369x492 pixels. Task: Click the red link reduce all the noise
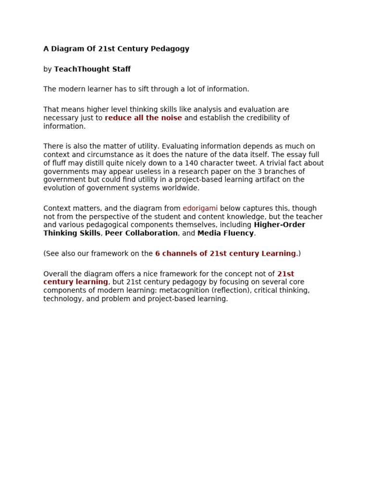pos(143,118)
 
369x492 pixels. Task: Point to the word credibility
pos(259,118)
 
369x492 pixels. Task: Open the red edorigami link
pos(200,208)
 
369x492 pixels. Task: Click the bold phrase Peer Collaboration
pos(141,233)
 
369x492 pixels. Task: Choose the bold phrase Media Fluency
pos(225,233)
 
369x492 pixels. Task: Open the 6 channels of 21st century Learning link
pos(225,253)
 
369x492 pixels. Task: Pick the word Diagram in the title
pos(65,49)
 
